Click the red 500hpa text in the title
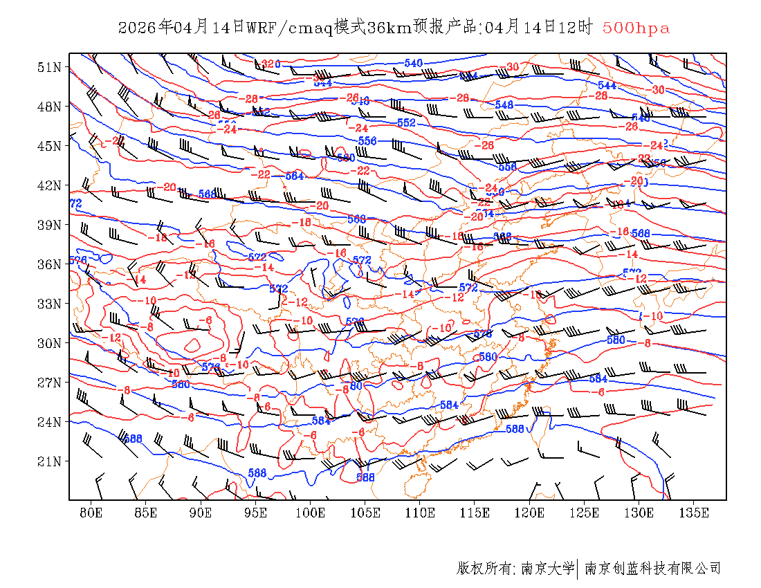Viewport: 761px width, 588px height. click(636, 28)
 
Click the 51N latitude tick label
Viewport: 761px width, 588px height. click(49, 67)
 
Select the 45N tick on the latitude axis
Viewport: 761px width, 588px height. click(49, 146)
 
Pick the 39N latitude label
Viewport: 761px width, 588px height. click(49, 225)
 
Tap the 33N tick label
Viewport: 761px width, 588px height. click(49, 304)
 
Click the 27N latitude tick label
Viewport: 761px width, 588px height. click(49, 382)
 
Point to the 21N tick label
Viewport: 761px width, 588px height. click(49, 461)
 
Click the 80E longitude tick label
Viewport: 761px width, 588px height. click(91, 513)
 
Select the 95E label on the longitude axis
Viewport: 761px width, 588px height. click(256, 513)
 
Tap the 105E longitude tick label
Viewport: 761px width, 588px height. click(365, 513)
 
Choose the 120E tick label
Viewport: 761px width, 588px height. click(530, 513)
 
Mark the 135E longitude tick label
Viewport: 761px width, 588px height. click(694, 513)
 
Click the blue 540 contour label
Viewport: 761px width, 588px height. click(413, 64)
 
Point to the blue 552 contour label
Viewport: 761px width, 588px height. click(406, 122)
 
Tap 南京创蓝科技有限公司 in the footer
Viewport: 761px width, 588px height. click(652, 569)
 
